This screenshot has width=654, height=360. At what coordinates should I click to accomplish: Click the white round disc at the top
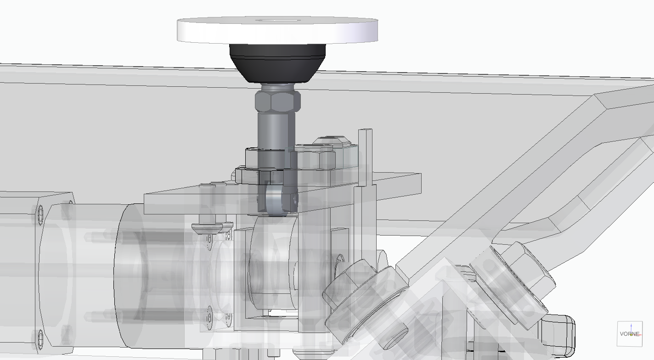pyautogui.click(x=277, y=30)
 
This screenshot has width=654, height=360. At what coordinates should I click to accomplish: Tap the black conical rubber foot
pyautogui.click(x=277, y=63)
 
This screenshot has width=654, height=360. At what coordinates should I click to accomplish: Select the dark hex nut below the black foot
pyautogui.click(x=278, y=101)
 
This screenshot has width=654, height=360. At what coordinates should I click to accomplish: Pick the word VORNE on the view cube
pyautogui.click(x=630, y=334)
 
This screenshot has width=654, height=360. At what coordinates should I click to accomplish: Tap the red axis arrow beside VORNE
pyautogui.click(x=637, y=335)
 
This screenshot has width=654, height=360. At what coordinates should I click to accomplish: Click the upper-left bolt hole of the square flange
pyautogui.click(x=40, y=211)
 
